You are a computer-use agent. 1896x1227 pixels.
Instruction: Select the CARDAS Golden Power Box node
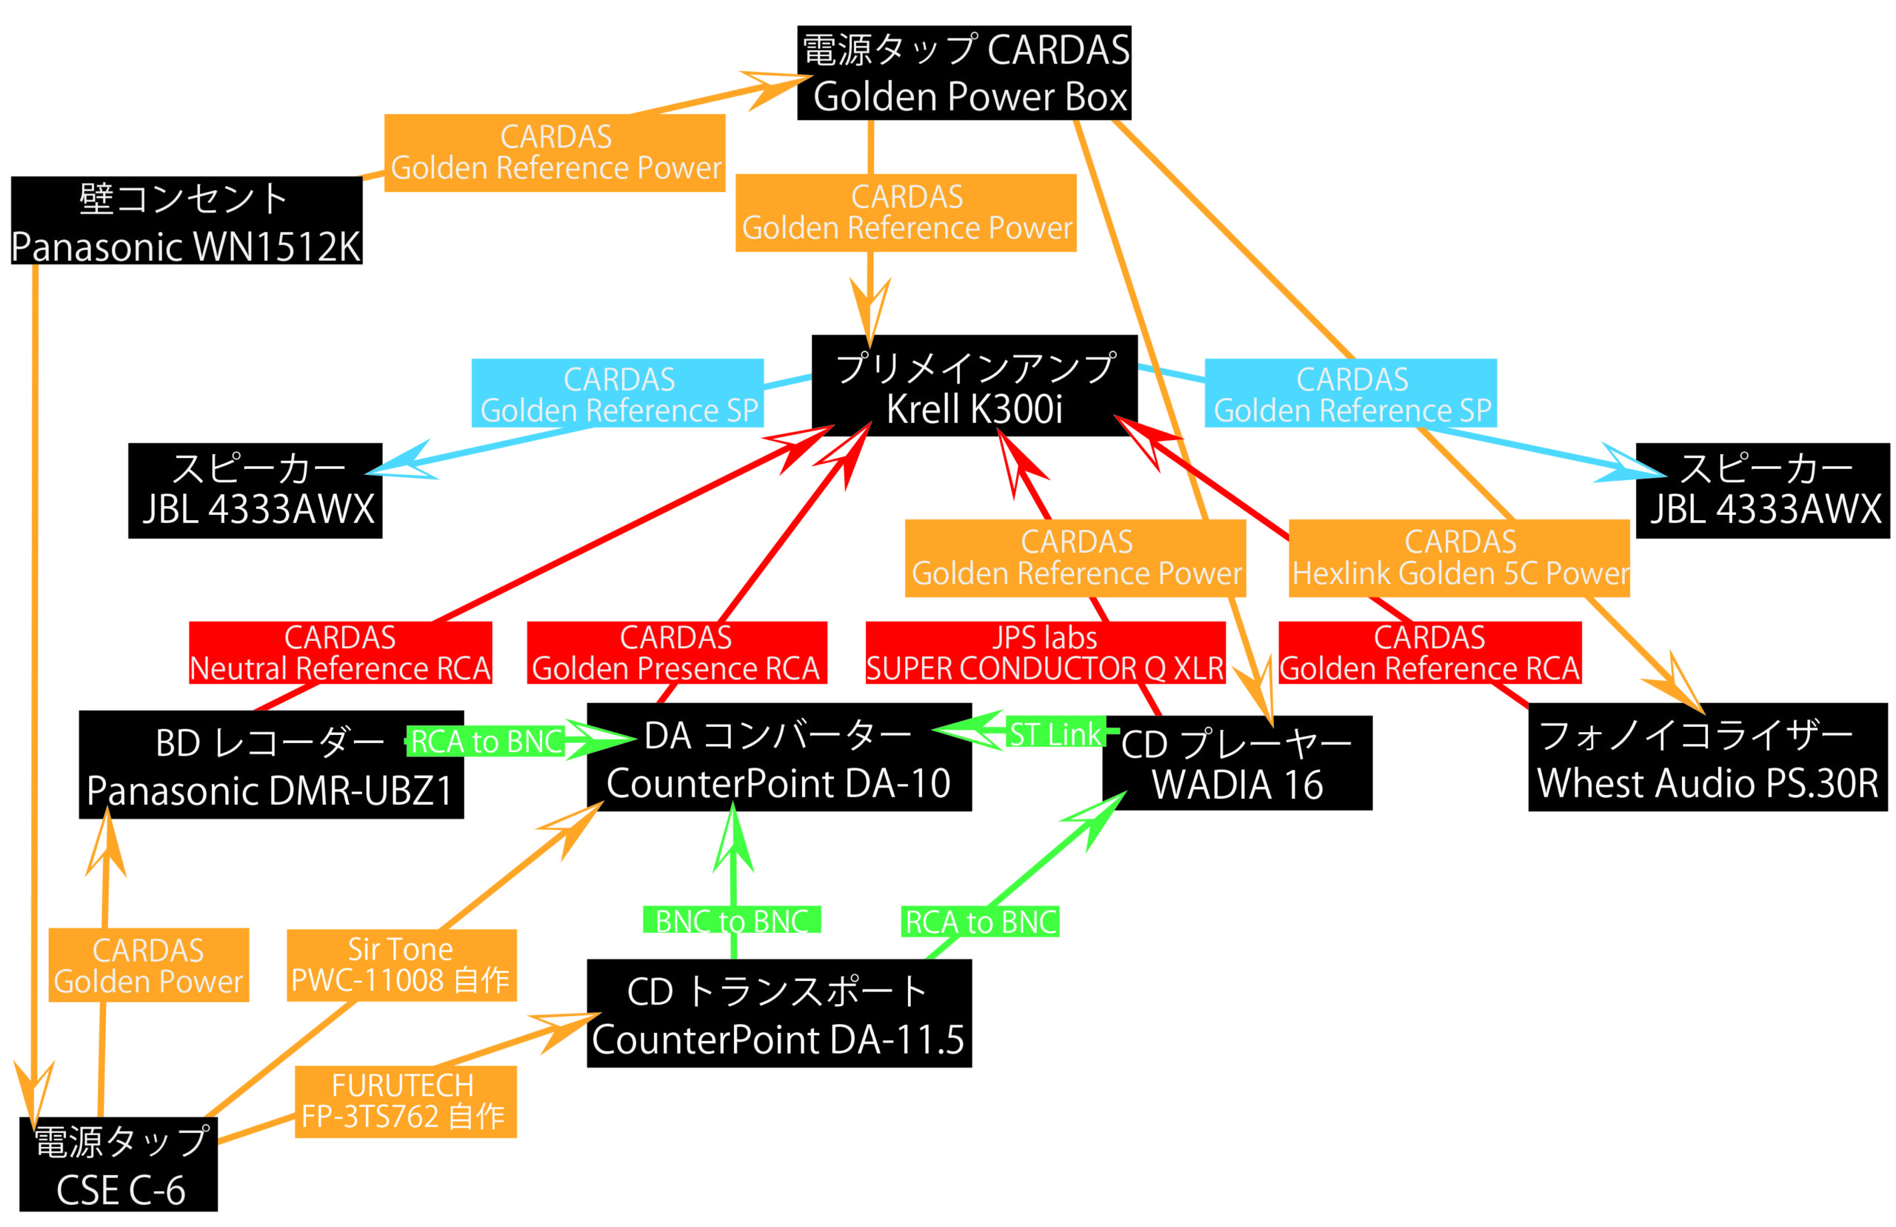[x=964, y=73]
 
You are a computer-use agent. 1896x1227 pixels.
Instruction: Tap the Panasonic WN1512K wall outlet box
[x=187, y=221]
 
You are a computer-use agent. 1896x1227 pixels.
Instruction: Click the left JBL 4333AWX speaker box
[x=255, y=491]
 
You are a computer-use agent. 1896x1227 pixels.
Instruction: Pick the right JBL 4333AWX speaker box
[x=1761, y=491]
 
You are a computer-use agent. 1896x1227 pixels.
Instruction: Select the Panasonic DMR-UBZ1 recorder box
[x=271, y=765]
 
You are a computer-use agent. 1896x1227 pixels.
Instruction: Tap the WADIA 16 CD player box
[x=1236, y=763]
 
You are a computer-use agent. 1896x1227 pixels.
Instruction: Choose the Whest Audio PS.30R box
[x=1706, y=758]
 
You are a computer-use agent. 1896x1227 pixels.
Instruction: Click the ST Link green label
[x=1055, y=734]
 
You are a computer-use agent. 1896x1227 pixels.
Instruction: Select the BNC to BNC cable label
[x=731, y=920]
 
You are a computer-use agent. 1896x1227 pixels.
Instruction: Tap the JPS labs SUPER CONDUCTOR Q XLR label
[x=1044, y=653]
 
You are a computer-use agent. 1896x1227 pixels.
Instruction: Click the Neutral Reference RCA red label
[x=340, y=653]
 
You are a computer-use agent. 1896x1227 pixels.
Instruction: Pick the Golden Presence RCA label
[x=676, y=653]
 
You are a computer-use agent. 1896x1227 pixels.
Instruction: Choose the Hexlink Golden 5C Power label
[x=1458, y=558]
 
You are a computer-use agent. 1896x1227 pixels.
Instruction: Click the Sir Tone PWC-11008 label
[x=401, y=965]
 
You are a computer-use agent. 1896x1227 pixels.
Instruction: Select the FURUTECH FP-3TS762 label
[x=405, y=1102]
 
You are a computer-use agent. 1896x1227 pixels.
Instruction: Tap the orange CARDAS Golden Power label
[x=149, y=965]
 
